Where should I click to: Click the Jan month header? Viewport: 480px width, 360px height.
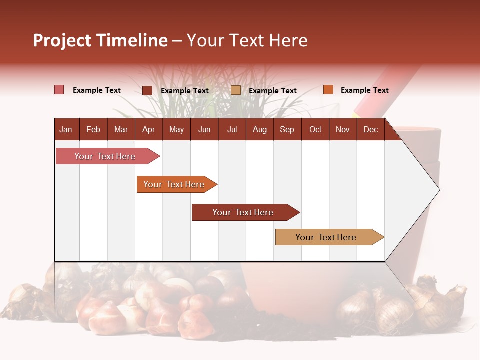tap(66, 129)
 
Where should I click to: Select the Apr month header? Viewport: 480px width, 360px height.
tap(148, 129)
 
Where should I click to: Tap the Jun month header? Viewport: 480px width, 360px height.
tap(204, 129)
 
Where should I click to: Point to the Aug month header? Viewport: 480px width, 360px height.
tap(259, 129)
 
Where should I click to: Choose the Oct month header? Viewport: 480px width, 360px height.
tap(315, 129)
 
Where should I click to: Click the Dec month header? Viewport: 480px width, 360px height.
tap(370, 129)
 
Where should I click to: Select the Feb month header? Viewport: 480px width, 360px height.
tap(93, 129)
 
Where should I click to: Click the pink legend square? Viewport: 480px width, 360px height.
tap(59, 90)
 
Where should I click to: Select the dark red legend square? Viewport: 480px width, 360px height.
tap(147, 90)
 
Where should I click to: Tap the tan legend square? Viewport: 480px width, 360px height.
tap(236, 90)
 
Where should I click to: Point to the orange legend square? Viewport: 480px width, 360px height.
tap(328, 90)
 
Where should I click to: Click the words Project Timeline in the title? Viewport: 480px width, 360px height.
tap(100, 40)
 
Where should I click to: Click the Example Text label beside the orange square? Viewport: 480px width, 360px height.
tap(364, 90)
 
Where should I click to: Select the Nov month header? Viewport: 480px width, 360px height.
tap(342, 129)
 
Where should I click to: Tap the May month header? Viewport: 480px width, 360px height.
tap(176, 129)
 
